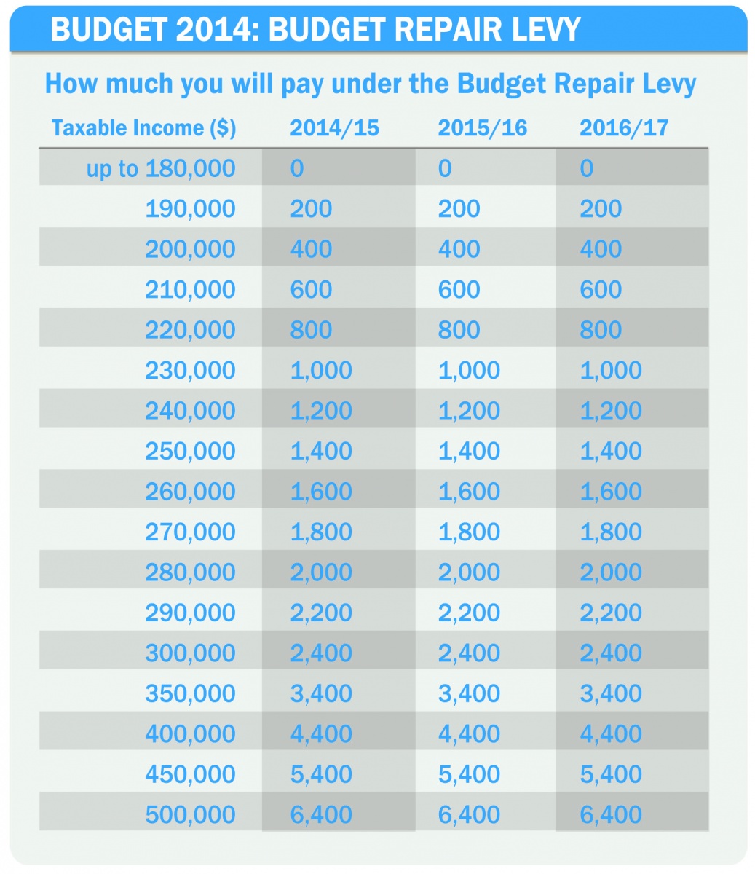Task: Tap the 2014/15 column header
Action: pyautogui.click(x=334, y=128)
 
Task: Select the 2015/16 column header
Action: pyautogui.click(x=482, y=128)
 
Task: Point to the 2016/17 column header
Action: pyautogui.click(x=624, y=128)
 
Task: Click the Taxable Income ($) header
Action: pyautogui.click(x=143, y=128)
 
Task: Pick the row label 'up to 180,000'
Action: pyautogui.click(x=161, y=169)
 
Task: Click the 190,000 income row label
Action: pyautogui.click(x=190, y=209)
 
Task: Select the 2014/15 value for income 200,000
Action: pyautogui.click(x=311, y=249)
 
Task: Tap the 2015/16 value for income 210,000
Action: pyautogui.click(x=459, y=290)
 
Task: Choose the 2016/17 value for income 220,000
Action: pyautogui.click(x=601, y=330)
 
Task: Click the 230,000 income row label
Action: pyautogui.click(x=190, y=370)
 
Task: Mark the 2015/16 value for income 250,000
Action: pyautogui.click(x=469, y=451)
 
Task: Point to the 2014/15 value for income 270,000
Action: pyautogui.click(x=321, y=532)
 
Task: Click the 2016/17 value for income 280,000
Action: pyautogui.click(x=611, y=572)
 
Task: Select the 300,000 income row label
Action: pyautogui.click(x=190, y=653)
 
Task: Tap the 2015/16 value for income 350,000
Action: pyautogui.click(x=469, y=693)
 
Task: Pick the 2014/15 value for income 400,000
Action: pyautogui.click(x=321, y=733)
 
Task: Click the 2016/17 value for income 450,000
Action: pyautogui.click(x=611, y=774)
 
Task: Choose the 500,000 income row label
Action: pyautogui.click(x=190, y=814)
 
